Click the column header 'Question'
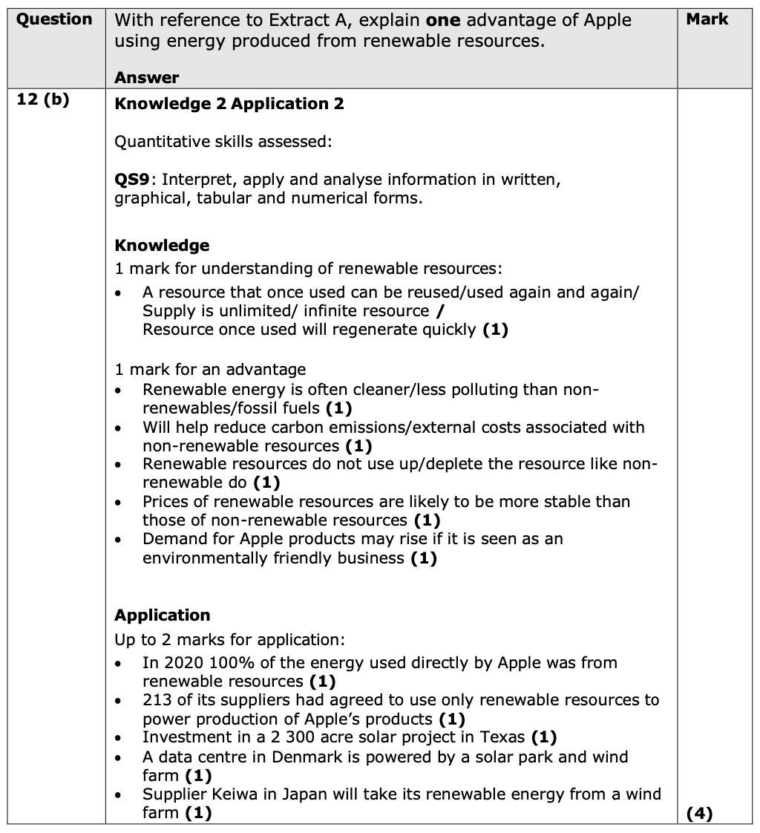pos(54,20)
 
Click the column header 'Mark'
pos(707,20)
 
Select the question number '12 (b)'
pos(42,100)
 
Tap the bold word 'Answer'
pos(147,77)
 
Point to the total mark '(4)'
pos(699,814)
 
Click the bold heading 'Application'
pos(163,615)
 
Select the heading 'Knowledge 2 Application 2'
pos(229,104)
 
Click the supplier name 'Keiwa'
pos(231,794)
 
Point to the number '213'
pos(157,700)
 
